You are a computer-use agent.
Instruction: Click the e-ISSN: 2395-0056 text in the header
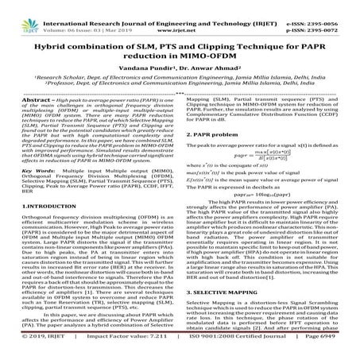click(327, 6)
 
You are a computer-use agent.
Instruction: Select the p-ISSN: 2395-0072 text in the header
click(327, 14)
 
